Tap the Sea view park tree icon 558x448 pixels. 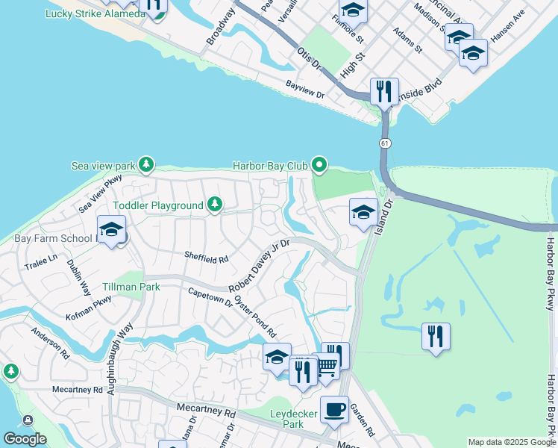pyautogui.click(x=147, y=164)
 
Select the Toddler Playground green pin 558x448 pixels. pyautogui.click(x=215, y=205)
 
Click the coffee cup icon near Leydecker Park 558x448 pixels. pyautogui.click(x=334, y=410)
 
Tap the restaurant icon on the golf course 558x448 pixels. pyautogui.click(x=435, y=337)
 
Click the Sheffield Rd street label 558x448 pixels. pyautogui.click(x=206, y=258)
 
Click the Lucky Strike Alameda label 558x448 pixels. pyautogui.click(x=95, y=14)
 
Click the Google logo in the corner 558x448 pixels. pyautogui.click(x=25, y=439)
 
